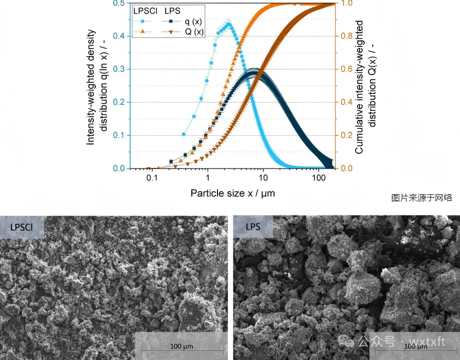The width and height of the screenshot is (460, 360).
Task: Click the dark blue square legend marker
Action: coord(171,21)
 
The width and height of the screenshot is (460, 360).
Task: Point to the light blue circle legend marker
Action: coord(142,21)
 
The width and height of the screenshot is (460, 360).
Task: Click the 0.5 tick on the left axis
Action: coord(119,3)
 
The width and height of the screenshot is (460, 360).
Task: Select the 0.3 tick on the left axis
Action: coord(119,69)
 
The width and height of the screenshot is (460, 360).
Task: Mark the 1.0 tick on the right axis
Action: coord(346,3)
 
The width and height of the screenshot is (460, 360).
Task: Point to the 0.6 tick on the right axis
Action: coord(346,69)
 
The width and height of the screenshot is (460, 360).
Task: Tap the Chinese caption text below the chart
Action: coord(421,197)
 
